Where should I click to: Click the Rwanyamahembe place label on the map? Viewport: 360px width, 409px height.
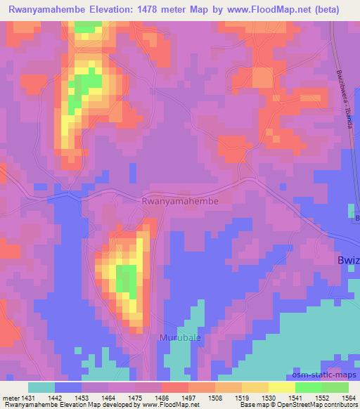coord(181,201)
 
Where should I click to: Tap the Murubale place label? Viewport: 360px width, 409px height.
coord(173,337)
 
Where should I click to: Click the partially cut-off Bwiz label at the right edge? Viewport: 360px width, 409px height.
coord(347,261)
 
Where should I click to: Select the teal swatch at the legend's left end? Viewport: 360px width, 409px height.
coord(41,387)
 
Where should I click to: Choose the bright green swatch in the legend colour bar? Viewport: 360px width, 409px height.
coord(308,387)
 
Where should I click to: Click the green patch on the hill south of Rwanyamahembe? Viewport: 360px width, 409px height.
coord(127,280)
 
